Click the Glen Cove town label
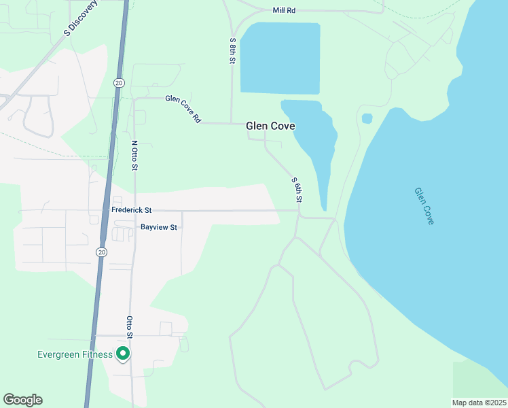pos(270,126)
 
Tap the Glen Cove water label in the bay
pos(424,206)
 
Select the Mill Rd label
pos(284,11)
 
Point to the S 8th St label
pos(232,51)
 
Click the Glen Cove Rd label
pos(183,108)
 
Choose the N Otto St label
pos(134,156)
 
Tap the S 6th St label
pos(296,191)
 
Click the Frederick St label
pos(131,211)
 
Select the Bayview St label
pos(158,227)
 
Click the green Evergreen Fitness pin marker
pos(122,354)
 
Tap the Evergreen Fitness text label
pos(75,354)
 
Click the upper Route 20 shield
pos(119,82)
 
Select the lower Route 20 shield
pos(101,252)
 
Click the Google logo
pos(22,400)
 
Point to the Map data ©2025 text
pos(479,403)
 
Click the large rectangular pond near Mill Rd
pos(280,58)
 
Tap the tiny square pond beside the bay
pos(367,118)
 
